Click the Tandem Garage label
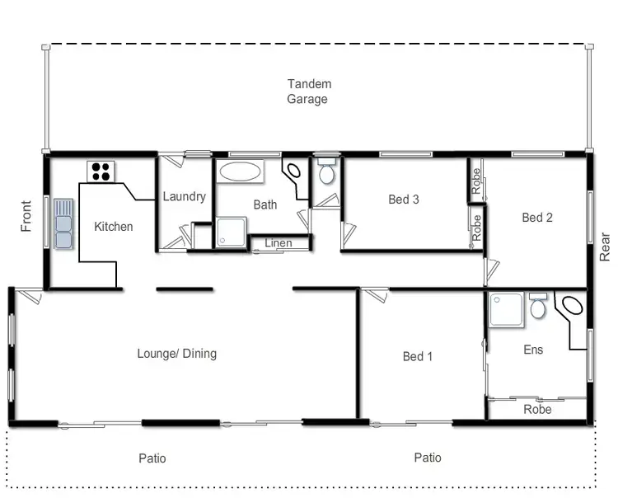tap(308, 92)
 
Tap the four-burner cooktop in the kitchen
tap(101, 171)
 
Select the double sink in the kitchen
tap(63, 223)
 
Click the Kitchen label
tap(114, 227)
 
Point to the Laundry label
tap(184, 197)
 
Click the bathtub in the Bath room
tap(240, 172)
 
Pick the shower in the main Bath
tap(232, 232)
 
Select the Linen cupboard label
tap(278, 243)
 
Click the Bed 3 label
tap(404, 200)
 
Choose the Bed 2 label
tap(537, 218)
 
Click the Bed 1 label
tap(418, 357)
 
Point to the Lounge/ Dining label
tap(176, 354)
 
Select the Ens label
tap(534, 350)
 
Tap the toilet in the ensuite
tap(538, 307)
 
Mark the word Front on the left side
tap(26, 216)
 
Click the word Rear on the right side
tap(606, 247)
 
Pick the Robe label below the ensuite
tap(537, 409)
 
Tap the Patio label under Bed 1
tap(428, 458)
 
